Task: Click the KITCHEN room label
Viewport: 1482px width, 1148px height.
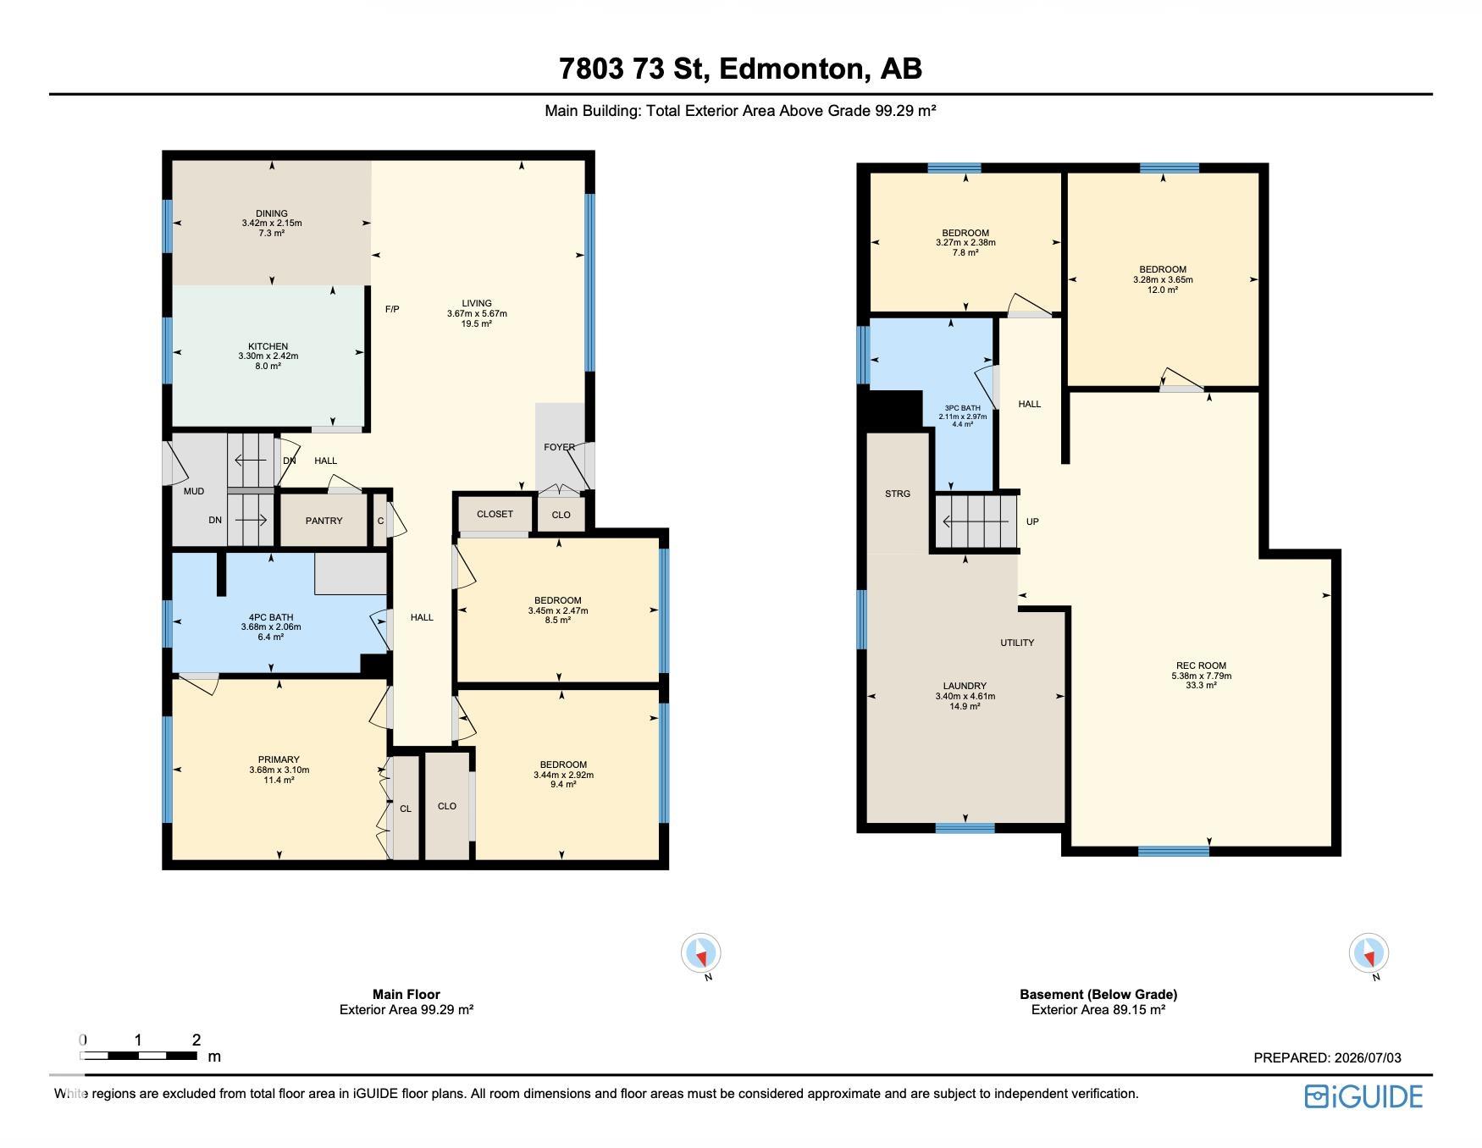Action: point(268,346)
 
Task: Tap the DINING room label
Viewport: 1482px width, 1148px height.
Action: point(272,213)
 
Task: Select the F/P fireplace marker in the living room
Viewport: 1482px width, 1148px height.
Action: point(392,310)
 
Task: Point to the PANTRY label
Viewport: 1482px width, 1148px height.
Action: point(323,521)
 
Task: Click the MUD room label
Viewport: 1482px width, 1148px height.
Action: point(194,491)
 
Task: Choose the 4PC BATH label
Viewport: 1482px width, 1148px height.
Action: point(271,617)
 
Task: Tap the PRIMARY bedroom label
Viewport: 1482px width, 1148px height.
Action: point(279,759)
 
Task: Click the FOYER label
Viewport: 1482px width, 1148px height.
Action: point(559,447)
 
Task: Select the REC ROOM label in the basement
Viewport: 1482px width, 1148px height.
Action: point(1201,665)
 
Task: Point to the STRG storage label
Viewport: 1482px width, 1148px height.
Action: point(898,494)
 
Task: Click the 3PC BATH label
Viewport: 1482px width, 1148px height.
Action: point(964,408)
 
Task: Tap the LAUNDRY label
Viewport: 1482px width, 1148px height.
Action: point(965,686)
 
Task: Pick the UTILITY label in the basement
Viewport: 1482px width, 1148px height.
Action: point(1017,643)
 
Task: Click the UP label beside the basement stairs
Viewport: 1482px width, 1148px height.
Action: point(1032,522)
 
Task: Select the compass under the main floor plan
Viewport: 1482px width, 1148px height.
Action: point(701,954)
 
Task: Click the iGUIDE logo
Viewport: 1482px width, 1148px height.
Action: point(1363,1096)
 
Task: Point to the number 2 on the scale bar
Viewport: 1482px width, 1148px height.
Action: point(196,1040)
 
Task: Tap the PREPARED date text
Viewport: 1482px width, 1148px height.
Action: point(1327,1057)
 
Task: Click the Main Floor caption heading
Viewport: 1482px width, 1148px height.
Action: point(406,995)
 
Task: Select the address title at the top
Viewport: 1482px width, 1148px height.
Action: point(741,69)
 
